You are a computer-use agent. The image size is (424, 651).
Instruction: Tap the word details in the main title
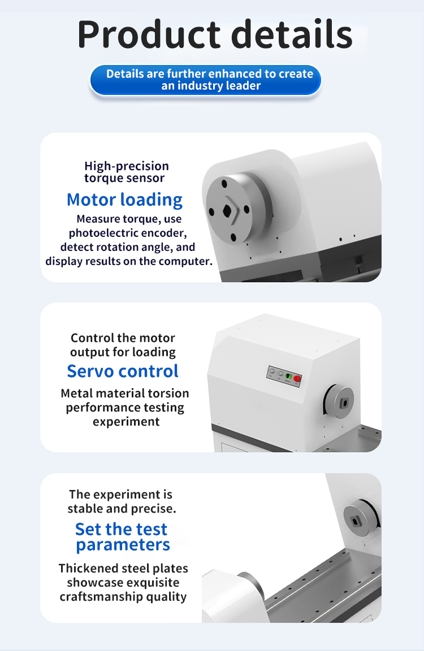coord(292,34)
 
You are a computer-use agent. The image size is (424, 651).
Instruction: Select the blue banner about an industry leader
coord(206,80)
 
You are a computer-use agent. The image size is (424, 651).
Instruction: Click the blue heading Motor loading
coord(124,200)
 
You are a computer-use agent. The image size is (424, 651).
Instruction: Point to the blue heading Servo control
coord(123,371)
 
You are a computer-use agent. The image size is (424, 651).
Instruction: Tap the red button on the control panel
coord(297,379)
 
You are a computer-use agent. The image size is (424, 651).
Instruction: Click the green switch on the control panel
coord(288,376)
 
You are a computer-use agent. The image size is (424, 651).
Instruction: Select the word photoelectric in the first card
coord(98,233)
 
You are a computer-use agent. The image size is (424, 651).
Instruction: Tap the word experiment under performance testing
coord(126,422)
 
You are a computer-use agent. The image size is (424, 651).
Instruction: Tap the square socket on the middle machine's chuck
coord(343,403)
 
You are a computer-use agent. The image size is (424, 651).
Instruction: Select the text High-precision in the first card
coord(127,166)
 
